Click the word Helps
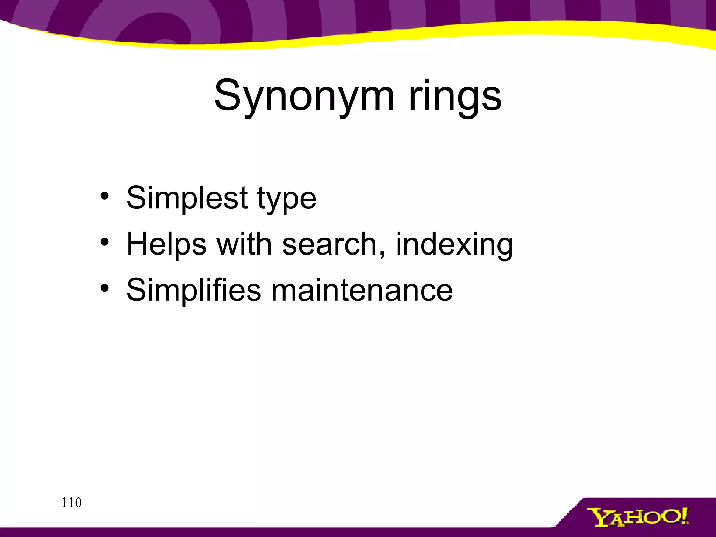tap(166, 244)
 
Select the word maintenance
tap(362, 290)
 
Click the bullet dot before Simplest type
tap(105, 196)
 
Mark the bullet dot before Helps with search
tap(105, 242)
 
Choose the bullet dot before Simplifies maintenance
tap(105, 288)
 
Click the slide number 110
tap(71, 503)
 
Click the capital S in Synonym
tap(229, 95)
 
